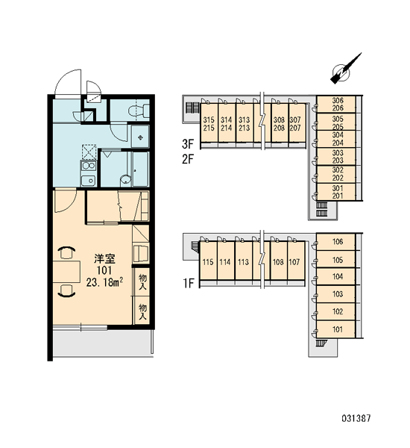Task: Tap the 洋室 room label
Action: tap(104, 258)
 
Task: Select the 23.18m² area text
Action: tap(104, 282)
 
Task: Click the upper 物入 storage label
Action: tap(142, 281)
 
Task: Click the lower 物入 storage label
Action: tap(142, 311)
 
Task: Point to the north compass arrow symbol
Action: tap(345, 69)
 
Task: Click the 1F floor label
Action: tap(189, 283)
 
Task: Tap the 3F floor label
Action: tap(189, 144)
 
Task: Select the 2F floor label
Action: tap(189, 159)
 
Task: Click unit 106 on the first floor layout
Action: tap(336, 242)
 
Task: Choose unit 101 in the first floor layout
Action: tap(336, 329)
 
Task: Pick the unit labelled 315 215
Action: tap(209, 123)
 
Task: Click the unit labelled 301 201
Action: tap(336, 192)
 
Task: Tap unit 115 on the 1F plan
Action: tap(208, 261)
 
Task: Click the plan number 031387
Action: tap(356, 418)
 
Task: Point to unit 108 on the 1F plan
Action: tap(279, 261)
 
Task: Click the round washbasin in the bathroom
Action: tap(125, 180)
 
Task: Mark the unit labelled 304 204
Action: tap(336, 139)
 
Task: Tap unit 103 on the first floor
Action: tap(336, 294)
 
